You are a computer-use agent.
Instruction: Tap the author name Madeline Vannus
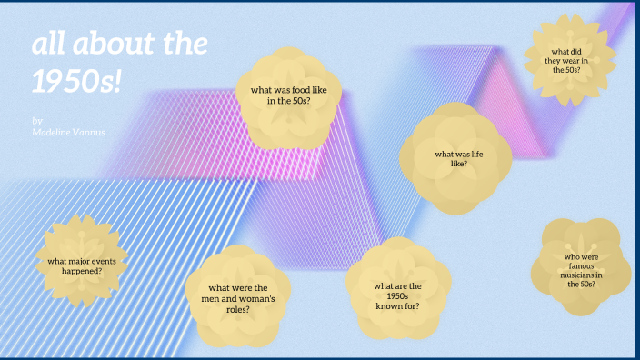(68, 133)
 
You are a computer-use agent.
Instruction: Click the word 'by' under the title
(36, 120)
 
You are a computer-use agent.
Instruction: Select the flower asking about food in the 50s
(289, 96)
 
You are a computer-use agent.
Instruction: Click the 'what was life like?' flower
(451, 159)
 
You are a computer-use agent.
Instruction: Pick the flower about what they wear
(570, 58)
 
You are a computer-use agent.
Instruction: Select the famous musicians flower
(582, 269)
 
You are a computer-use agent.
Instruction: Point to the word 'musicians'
(579, 275)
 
